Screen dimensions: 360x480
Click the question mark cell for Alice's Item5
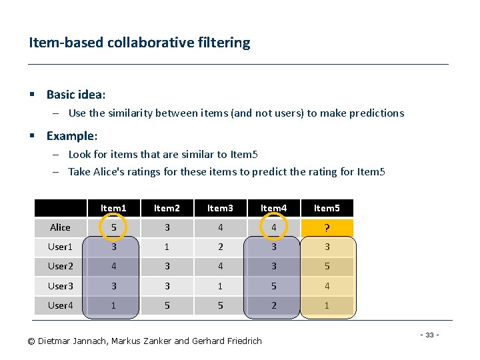(327, 228)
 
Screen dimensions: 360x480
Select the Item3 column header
(220, 208)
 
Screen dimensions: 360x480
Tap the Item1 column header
(113, 208)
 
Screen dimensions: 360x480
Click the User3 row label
(60, 286)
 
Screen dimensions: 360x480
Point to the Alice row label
(60, 228)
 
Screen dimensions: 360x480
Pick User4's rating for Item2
(167, 305)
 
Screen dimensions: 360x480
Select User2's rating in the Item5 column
(327, 267)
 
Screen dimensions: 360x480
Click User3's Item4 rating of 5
(273, 286)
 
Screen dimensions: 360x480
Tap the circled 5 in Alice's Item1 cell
(113, 228)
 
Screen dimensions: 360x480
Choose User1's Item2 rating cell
(167, 247)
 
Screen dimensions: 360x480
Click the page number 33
(431, 334)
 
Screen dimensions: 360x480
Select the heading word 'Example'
(70, 136)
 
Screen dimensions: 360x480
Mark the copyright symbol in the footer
(31, 341)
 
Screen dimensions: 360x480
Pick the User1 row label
(60, 247)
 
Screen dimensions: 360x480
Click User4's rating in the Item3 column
(220, 305)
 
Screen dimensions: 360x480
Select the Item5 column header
(327, 208)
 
